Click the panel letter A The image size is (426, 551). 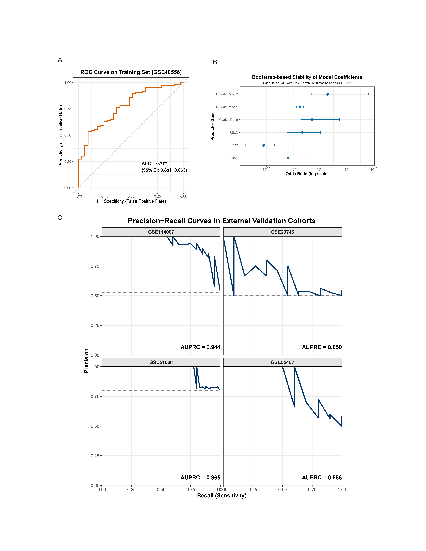tap(60, 60)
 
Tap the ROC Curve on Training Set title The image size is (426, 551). tap(131, 72)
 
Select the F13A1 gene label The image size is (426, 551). tap(233, 158)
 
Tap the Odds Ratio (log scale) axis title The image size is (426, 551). tap(307, 174)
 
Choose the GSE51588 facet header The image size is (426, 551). tap(161, 362)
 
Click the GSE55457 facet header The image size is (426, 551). tap(282, 362)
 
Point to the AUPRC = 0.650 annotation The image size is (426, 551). tap(322, 347)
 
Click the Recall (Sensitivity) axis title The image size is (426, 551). tap(222, 496)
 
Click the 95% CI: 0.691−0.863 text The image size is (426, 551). tap(164, 170)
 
